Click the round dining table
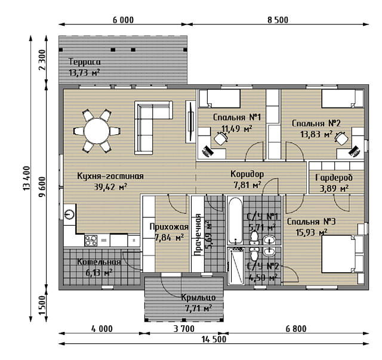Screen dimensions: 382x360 [97, 131]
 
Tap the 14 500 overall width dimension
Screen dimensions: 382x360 [214, 339]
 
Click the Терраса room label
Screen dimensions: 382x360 [85, 61]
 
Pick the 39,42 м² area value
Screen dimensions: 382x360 [110, 187]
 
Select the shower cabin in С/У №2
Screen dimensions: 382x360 [235, 266]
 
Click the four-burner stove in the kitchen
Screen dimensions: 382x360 [91, 241]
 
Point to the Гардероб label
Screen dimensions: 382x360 [334, 177]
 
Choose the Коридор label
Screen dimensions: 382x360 [247, 174]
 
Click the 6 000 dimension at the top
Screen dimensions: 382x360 [124, 20]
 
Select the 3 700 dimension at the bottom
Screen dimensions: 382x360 [184, 329]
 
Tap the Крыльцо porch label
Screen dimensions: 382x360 [198, 297]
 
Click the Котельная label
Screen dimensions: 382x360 [98, 261]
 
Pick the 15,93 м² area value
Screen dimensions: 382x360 [312, 232]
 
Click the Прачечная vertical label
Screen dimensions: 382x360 [198, 235]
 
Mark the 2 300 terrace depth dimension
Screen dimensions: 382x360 [42, 60]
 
